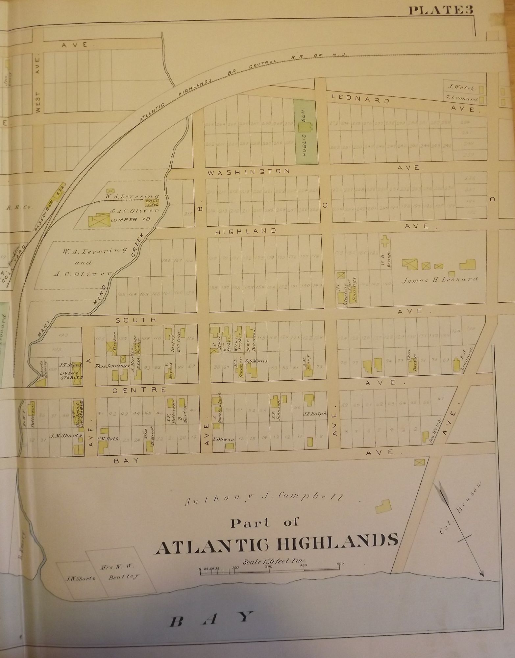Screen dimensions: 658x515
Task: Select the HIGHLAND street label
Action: [x=245, y=231]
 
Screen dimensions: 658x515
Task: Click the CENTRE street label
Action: [x=139, y=390]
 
